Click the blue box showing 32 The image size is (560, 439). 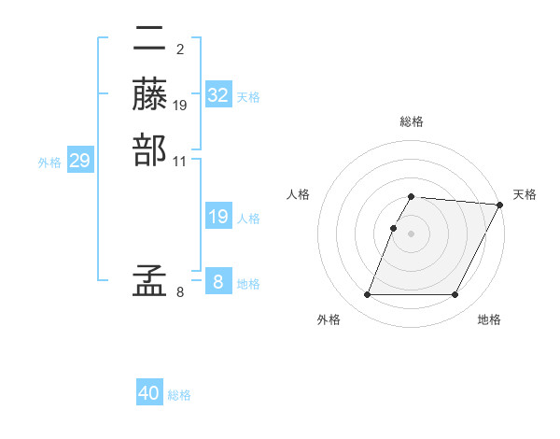coord(218,95)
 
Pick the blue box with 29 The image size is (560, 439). coord(80,161)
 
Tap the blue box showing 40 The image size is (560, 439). coord(149,393)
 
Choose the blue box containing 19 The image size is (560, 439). coord(218,217)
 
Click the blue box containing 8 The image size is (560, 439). coord(218,281)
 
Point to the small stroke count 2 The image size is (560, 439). coord(179,49)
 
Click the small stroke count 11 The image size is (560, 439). coord(180,160)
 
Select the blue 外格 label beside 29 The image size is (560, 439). coord(49,163)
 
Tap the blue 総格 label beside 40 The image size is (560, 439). coord(179,395)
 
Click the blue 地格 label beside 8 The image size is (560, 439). coord(248,284)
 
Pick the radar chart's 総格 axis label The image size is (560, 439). coord(412,121)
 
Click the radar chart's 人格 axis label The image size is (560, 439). coord(299,194)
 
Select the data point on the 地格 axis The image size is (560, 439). coord(455,295)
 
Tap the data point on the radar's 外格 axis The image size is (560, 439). coord(367,295)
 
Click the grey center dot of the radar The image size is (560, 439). coord(412,234)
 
